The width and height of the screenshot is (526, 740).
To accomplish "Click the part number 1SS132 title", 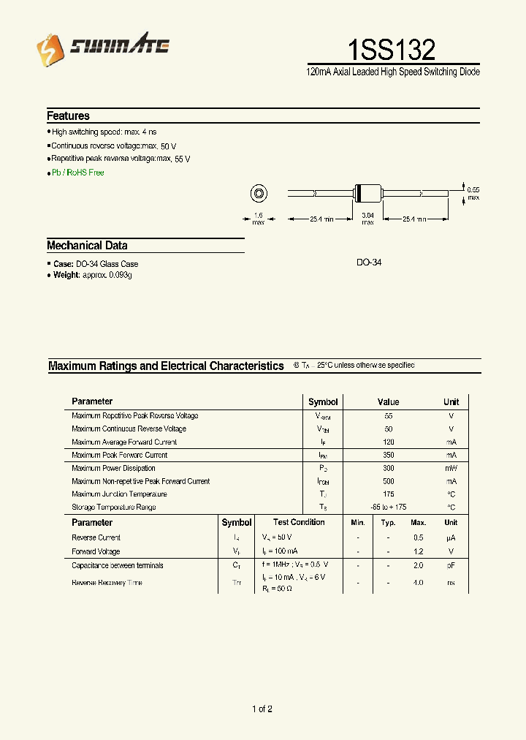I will pos(392,49).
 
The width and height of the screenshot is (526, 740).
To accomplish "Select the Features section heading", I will pos(68,116).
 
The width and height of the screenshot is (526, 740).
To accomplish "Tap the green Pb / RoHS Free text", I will pos(77,173).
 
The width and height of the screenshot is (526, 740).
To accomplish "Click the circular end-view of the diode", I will pos(258,195).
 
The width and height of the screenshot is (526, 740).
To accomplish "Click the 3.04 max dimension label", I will pos(367,219).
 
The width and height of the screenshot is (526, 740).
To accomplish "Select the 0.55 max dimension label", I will pos(473,194).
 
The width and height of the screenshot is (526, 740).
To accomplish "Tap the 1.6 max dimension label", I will pos(258,219).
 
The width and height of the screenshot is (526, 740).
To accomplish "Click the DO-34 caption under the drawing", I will pos(369,262).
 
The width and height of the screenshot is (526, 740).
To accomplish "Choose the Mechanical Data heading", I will pos(87,246).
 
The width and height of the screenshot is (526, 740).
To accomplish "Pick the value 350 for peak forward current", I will pos(388,455).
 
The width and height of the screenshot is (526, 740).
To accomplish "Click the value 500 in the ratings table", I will pos(388,481).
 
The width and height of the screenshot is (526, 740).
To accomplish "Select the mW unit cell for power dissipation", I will pos(451,468).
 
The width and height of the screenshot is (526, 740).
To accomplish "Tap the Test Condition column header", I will pos(299,522).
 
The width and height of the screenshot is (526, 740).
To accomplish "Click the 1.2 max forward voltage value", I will pos(418,551).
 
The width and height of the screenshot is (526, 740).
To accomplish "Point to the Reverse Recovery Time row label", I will pos(107,583).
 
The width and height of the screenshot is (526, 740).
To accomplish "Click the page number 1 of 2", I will pos(262,709).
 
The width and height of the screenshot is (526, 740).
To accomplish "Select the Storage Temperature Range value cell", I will pos(388,507).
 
